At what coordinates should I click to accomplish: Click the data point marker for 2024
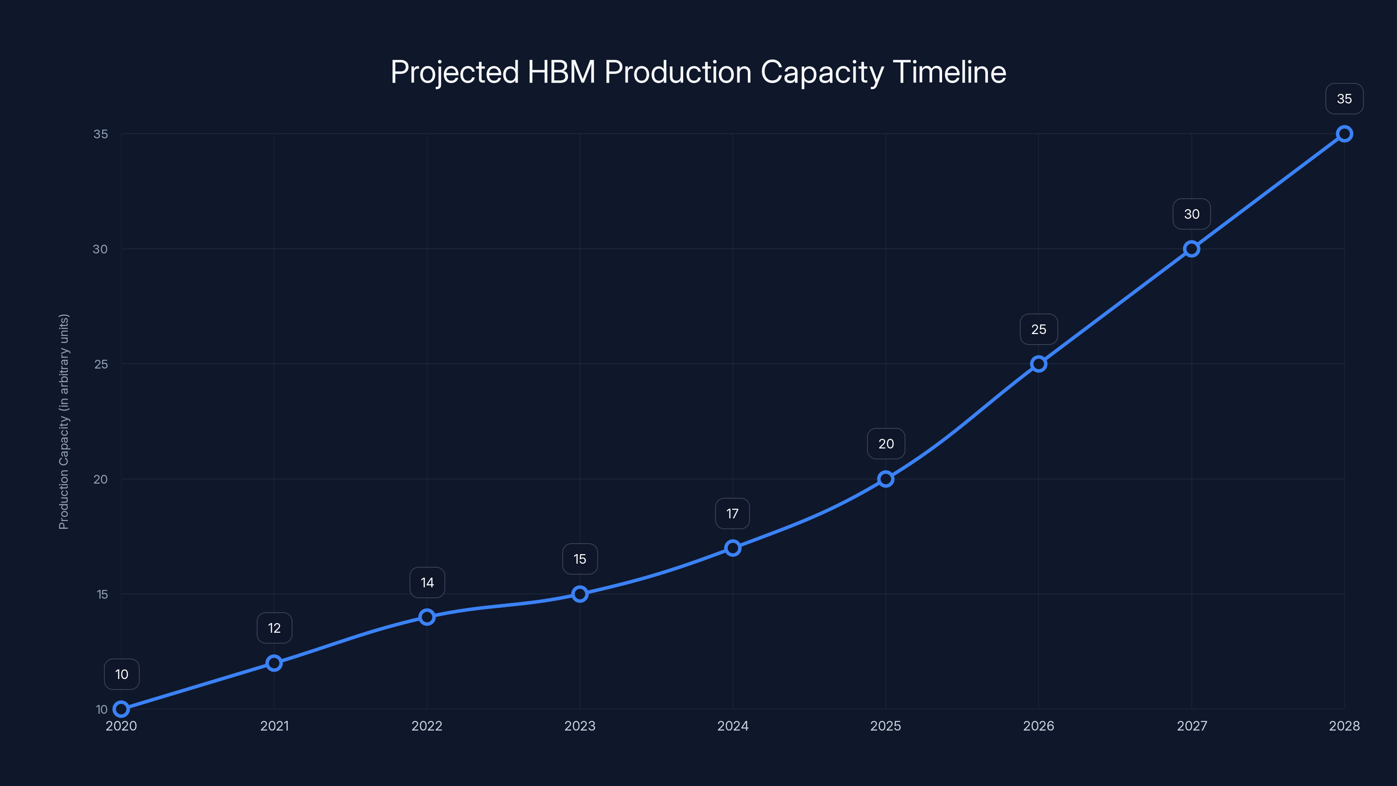pos(733,548)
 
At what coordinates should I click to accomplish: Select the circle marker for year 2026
pos(1039,364)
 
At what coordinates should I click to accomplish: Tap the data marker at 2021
pos(274,663)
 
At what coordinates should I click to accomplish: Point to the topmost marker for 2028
pos(1345,134)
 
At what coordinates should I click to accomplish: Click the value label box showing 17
pos(732,514)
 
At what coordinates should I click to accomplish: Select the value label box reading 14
pos(427,583)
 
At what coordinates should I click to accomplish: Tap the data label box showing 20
pos(886,444)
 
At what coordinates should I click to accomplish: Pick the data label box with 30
pos(1191,214)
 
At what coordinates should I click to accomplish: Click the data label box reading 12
pos(275,628)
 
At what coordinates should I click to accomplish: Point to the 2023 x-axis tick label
pos(580,726)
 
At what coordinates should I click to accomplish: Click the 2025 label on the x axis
pos(886,726)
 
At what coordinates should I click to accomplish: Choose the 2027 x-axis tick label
pos(1191,726)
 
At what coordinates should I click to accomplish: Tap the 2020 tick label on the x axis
pos(121,726)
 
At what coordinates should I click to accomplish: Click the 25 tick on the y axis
pos(101,364)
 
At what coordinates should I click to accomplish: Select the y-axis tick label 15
pos(102,594)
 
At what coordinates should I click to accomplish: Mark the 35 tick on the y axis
pos(101,134)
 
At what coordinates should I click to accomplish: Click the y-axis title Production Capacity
pos(64,421)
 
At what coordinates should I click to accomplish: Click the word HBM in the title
pos(561,72)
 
